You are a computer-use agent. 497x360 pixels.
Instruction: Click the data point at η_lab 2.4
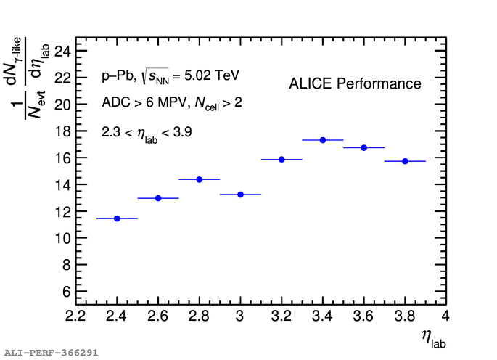tap(117, 218)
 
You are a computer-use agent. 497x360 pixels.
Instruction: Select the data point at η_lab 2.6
tap(158, 198)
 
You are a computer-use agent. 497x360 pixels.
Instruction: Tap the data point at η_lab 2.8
tap(200, 179)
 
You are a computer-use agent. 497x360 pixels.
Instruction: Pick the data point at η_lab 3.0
tap(240, 195)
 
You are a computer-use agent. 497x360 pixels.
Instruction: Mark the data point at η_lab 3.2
tap(282, 159)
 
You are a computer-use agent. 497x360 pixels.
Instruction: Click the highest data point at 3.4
tap(323, 140)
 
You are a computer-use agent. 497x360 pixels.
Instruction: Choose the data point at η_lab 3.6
tap(364, 147)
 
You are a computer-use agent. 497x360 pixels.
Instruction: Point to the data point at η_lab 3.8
tap(405, 161)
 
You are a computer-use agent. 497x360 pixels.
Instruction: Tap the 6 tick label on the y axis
tap(66, 292)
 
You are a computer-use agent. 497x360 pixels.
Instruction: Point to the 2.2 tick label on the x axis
tap(75, 317)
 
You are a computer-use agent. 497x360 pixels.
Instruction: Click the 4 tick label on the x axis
tap(445, 317)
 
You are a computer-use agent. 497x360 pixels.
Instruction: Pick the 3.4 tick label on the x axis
tap(323, 317)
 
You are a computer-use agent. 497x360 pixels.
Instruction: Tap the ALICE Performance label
tap(355, 84)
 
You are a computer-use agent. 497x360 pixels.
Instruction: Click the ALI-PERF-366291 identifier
tap(50, 353)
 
